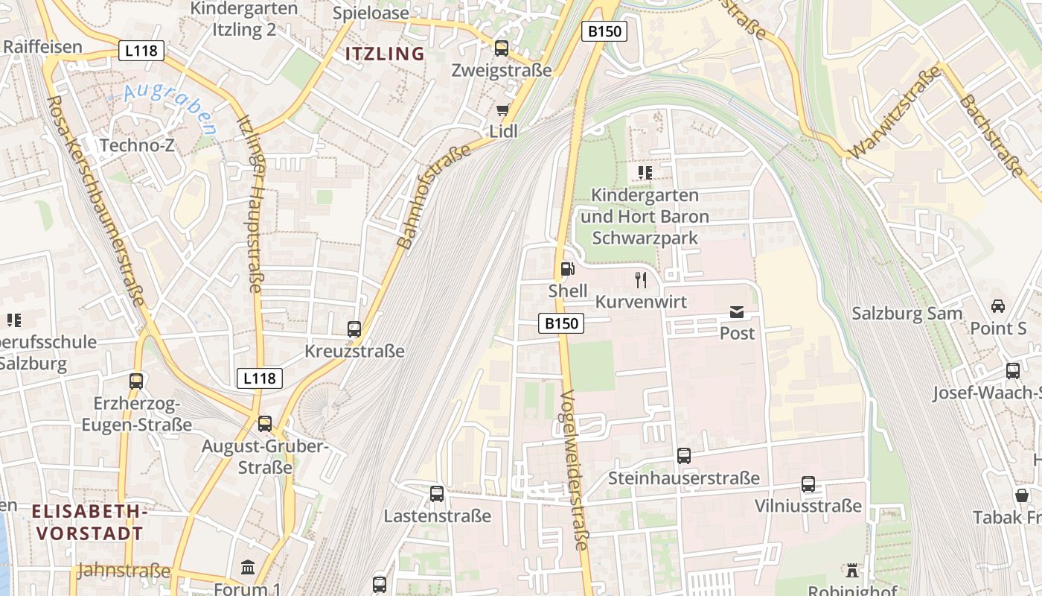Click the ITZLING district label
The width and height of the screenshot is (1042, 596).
tap(385, 54)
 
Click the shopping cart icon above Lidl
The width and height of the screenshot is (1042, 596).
tap(503, 110)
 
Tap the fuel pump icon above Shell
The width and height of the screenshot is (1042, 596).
tap(567, 269)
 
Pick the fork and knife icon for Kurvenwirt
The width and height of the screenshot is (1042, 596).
tap(640, 280)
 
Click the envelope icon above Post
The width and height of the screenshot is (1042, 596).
tap(737, 312)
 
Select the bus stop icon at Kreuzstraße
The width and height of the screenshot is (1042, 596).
tap(354, 329)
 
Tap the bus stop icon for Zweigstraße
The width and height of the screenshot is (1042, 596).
tap(502, 48)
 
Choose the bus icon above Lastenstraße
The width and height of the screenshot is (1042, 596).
tap(437, 493)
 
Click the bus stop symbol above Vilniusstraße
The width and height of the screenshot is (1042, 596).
tap(808, 484)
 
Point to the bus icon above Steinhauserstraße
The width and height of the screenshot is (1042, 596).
tap(683, 455)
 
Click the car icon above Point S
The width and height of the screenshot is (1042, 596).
tap(998, 306)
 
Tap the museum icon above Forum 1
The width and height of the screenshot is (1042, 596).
tap(248, 568)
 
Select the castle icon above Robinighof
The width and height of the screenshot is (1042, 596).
tap(852, 571)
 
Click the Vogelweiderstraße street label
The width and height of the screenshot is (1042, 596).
tap(574, 469)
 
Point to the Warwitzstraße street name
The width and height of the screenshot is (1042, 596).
tap(894, 112)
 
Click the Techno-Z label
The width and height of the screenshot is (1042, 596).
tap(137, 145)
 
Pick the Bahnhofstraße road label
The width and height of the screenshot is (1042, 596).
tap(435, 197)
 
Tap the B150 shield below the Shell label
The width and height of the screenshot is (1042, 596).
tap(561, 323)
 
